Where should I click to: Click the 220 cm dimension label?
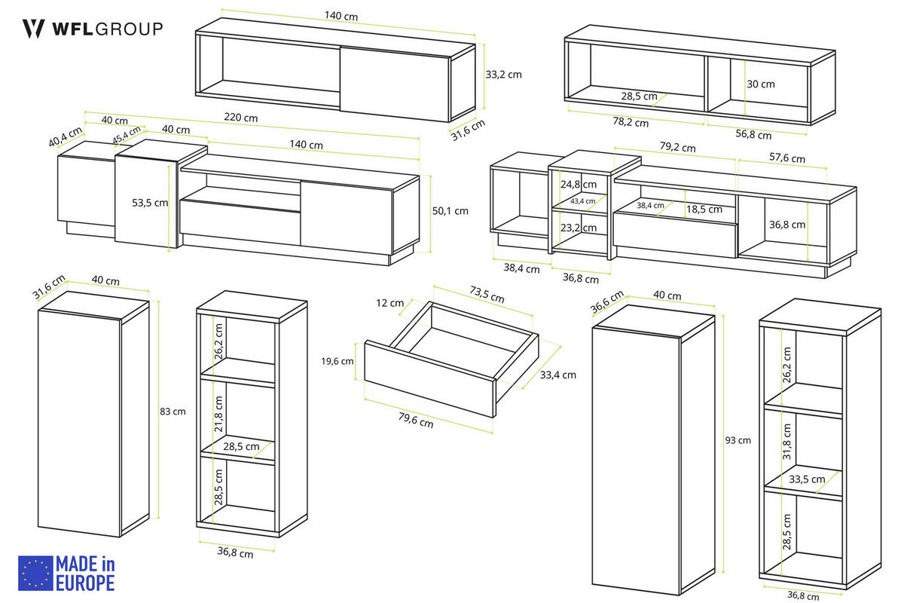click(241, 118)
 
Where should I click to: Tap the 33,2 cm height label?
click(503, 75)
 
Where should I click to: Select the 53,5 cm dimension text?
click(150, 203)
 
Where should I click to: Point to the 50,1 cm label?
click(450, 211)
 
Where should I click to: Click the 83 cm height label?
click(173, 412)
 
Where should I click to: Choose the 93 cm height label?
click(738, 440)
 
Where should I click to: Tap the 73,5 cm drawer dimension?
click(487, 295)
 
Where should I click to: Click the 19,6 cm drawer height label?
click(337, 361)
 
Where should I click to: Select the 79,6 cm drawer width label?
click(416, 420)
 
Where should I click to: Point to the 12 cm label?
click(390, 303)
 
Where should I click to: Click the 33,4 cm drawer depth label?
click(557, 375)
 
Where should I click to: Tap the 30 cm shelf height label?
click(760, 84)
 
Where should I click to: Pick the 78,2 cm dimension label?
click(631, 121)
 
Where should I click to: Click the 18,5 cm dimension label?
click(704, 210)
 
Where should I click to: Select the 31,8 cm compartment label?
click(786, 442)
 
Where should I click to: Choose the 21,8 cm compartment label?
click(218, 414)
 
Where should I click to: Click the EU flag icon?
click(35, 573)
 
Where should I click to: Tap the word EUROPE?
click(85, 583)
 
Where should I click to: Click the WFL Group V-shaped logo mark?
click(33, 29)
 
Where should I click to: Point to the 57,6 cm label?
click(786, 158)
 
